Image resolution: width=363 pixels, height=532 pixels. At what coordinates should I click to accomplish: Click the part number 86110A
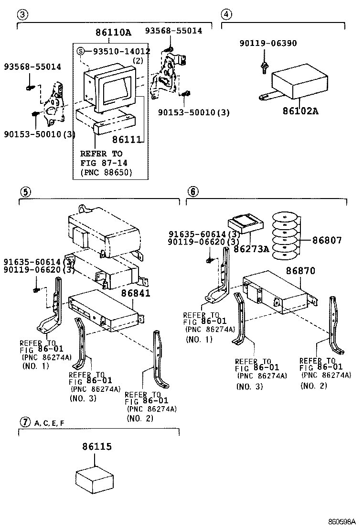tap(113, 33)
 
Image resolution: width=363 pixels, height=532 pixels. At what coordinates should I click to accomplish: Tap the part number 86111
tap(128, 139)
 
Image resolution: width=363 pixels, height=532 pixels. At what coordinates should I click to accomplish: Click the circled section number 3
tap(21, 14)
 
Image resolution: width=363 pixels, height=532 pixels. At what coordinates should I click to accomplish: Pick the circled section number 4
tap(227, 14)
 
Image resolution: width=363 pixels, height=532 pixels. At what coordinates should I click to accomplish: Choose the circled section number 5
tap(25, 192)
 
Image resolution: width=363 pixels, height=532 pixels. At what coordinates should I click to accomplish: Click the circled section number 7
tap(25, 422)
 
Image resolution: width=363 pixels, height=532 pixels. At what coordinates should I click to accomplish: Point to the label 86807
tap(327, 240)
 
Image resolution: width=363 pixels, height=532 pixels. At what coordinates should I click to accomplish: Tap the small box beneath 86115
tap(95, 479)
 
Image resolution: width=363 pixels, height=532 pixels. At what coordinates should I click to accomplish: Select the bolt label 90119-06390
tap(268, 44)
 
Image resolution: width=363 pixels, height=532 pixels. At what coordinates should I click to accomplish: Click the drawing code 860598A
tap(342, 522)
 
